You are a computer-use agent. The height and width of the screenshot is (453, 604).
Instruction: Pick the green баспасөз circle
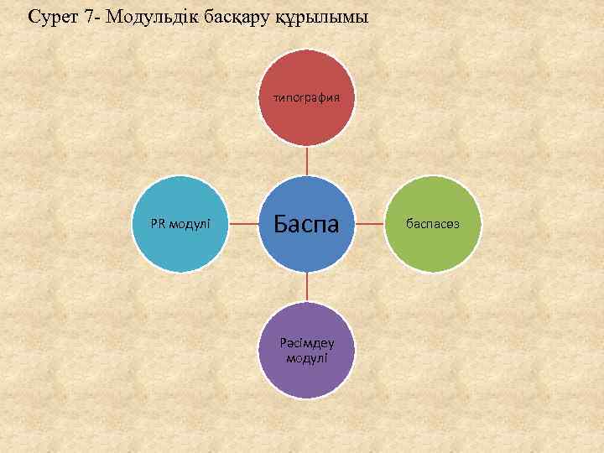point(432,224)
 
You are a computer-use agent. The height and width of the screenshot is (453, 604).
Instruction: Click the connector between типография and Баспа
point(306,161)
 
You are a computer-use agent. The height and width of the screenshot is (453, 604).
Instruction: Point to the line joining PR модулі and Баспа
point(243,224)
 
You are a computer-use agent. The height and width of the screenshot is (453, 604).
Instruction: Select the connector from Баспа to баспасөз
point(369,224)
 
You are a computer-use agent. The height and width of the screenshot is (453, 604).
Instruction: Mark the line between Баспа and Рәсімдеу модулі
point(306,288)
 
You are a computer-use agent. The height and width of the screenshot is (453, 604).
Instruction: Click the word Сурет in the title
point(53,16)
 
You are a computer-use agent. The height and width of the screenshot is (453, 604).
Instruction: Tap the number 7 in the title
point(89,16)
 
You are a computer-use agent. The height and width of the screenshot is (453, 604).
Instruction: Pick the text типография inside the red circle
point(306,97)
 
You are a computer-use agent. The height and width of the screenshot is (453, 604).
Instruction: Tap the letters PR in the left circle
point(157,224)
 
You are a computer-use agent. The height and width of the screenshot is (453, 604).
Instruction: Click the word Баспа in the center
point(306,224)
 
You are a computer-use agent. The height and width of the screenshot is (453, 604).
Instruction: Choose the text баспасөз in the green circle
point(432,224)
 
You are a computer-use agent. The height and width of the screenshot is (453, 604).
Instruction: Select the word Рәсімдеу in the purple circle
point(306,342)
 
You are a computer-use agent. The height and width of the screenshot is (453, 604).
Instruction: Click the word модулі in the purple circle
point(306,358)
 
